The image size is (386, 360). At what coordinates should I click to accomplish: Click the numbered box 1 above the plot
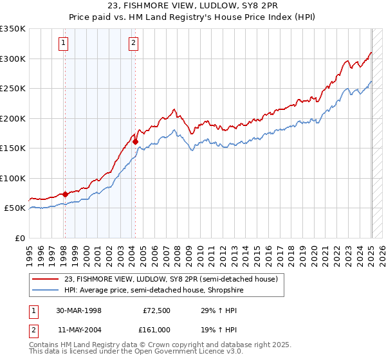[64, 44]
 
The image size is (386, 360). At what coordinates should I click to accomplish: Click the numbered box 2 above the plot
[133, 44]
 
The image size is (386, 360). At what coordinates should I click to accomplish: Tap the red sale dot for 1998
[65, 194]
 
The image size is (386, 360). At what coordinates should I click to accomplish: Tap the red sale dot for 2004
[135, 141]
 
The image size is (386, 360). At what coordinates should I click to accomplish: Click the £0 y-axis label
[20, 238]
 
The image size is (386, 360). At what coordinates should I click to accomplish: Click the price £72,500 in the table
[156, 310]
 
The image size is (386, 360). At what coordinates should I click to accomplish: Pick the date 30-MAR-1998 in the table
[78, 310]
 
